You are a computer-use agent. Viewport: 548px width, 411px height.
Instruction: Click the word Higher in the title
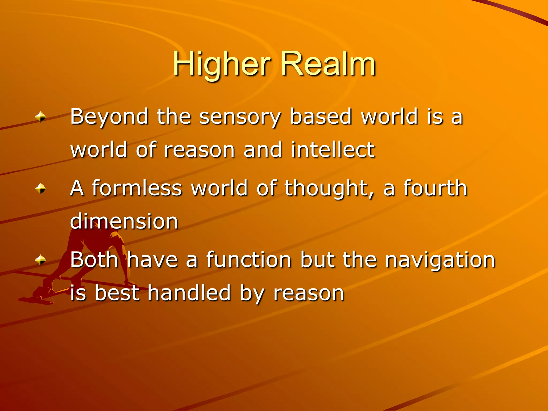pyautogui.click(x=222, y=64)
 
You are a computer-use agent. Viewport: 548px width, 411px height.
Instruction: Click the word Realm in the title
pyautogui.click(x=328, y=64)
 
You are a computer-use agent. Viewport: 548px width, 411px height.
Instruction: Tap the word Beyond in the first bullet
pyautogui.click(x=109, y=117)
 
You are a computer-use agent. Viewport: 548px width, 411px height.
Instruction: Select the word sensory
pyautogui.click(x=240, y=117)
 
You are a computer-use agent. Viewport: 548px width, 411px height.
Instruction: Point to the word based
pyautogui.click(x=321, y=117)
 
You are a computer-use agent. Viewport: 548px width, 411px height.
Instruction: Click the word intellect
pyautogui.click(x=333, y=150)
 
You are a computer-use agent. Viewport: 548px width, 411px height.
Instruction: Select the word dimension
pyautogui.click(x=124, y=222)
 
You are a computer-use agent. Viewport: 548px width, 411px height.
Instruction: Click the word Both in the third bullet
pyautogui.click(x=94, y=260)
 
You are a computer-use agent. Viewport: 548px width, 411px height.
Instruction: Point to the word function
pyautogui.click(x=249, y=260)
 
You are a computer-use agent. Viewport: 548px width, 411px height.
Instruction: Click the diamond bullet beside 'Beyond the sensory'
pyautogui.click(x=41, y=117)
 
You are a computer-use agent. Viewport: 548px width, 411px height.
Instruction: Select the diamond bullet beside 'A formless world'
pyautogui.click(x=41, y=188)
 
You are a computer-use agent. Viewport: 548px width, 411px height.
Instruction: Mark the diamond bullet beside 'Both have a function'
pyautogui.click(x=41, y=260)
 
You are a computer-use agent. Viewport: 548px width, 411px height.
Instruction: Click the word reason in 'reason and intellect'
pyautogui.click(x=199, y=150)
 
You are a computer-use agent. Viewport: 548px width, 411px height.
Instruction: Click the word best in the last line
pyautogui.click(x=117, y=293)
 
